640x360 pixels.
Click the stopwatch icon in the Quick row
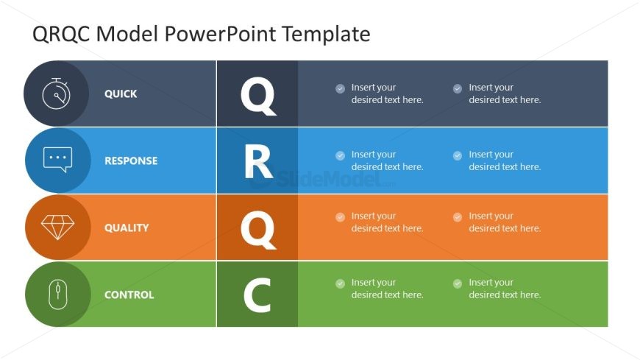[x=57, y=93]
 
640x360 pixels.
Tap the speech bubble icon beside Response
[x=57, y=159]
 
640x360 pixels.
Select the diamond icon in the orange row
[x=57, y=227]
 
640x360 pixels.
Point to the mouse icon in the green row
[x=57, y=294]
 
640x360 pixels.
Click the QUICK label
[x=121, y=94]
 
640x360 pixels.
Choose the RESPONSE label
[x=131, y=160]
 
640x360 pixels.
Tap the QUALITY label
[x=127, y=227]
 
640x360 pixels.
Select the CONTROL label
[x=129, y=294]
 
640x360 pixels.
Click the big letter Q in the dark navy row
[x=258, y=96]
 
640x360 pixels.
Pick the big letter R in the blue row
[x=258, y=162]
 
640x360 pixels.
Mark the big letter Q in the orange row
[x=258, y=230]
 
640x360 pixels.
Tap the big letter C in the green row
[x=257, y=295]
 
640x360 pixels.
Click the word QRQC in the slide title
[x=61, y=34]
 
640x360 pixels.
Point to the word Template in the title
[x=326, y=34]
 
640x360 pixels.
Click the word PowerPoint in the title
[x=221, y=34]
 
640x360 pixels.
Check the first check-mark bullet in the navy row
[x=340, y=88]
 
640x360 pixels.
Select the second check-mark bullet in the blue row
[x=458, y=155]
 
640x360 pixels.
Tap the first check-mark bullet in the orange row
[x=340, y=217]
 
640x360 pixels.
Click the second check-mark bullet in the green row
[x=458, y=283]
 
